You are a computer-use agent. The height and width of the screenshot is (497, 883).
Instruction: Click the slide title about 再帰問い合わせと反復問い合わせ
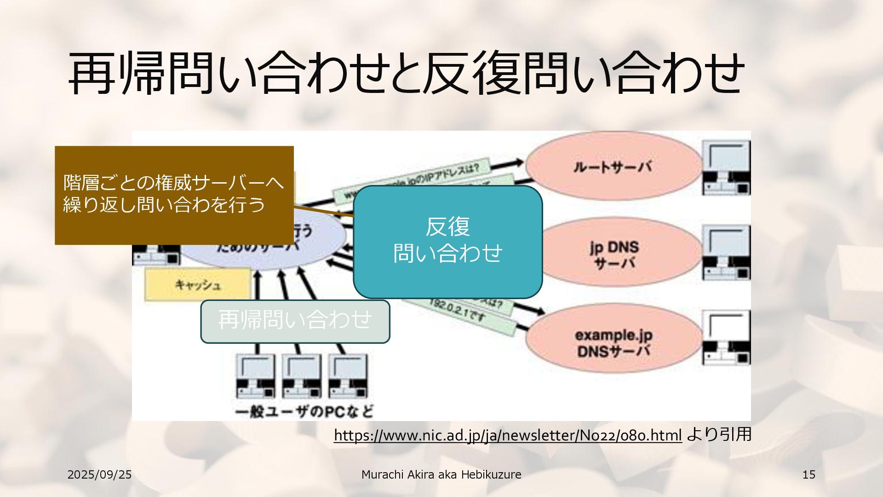pyautogui.click(x=406, y=74)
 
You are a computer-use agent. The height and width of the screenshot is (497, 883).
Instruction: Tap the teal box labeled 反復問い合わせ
pyautogui.click(x=447, y=242)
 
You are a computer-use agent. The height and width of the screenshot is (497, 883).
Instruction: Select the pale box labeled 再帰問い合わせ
pyautogui.click(x=295, y=321)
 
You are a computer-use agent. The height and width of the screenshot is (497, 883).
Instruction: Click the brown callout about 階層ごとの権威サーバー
pyautogui.click(x=174, y=195)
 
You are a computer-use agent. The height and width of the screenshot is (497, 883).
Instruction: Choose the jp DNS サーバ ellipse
pyautogui.click(x=614, y=254)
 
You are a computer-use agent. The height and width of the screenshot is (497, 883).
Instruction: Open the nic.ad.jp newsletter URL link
pyautogui.click(x=507, y=435)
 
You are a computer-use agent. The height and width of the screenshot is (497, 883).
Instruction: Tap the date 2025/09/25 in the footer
pyautogui.click(x=99, y=474)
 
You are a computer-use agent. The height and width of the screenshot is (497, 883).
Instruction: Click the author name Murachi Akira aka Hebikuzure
pyautogui.click(x=441, y=474)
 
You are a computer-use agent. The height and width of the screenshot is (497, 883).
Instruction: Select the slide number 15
pyautogui.click(x=808, y=474)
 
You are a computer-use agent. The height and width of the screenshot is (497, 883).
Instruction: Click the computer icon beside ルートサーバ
pyautogui.click(x=726, y=168)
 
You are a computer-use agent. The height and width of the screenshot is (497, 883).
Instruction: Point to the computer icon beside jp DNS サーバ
pyautogui.click(x=726, y=253)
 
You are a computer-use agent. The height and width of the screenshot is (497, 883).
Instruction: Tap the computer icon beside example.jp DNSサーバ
pyautogui.click(x=726, y=338)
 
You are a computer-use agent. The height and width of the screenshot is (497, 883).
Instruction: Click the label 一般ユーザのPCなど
pyautogui.click(x=304, y=411)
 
